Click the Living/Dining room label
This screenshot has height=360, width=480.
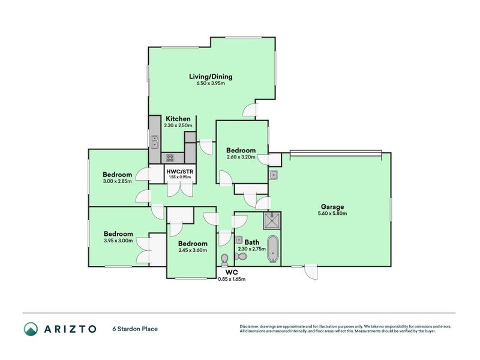[211, 77]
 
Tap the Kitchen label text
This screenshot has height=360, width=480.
[179, 119]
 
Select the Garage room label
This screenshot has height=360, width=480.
[332, 206]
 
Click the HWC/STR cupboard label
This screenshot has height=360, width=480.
[179, 171]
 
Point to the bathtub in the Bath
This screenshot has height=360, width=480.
[273, 250]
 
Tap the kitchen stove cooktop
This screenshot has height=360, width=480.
[170, 158]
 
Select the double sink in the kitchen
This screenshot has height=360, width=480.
[154, 142]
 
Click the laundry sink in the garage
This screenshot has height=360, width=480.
[273, 175]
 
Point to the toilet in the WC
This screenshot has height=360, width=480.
[224, 259]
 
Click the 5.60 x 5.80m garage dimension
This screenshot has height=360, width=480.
[332, 214]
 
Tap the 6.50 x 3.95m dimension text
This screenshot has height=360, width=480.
[211, 84]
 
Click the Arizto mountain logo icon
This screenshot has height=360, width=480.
[31, 329]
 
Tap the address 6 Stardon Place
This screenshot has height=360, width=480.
[135, 329]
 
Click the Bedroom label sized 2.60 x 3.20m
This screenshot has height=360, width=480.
[241, 150]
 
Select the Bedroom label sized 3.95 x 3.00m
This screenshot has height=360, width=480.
[118, 234]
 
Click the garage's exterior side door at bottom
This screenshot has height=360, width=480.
[311, 271]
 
